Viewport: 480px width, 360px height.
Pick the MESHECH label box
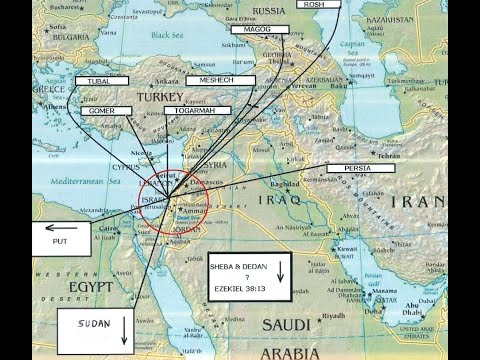pos(219,79)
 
